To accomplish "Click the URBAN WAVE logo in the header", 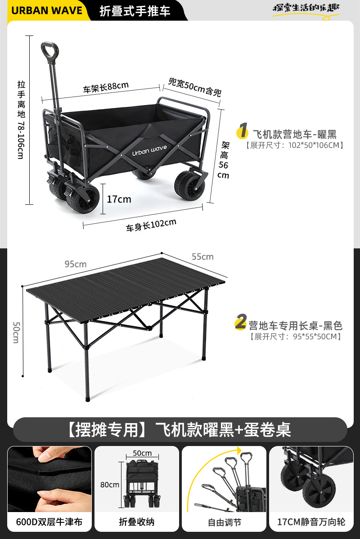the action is pyautogui.click(x=47, y=10).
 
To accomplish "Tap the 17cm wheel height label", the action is pyautogui.click(x=119, y=199).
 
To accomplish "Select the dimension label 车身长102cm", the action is pyautogui.click(x=151, y=225).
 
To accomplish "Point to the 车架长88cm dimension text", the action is pyautogui.click(x=106, y=86).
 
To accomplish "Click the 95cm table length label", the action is pyautogui.click(x=75, y=264).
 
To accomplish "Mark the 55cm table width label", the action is pyautogui.click(x=202, y=256).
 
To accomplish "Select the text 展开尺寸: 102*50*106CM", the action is pyautogui.click(x=295, y=145).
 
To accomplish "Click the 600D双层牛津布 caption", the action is pyautogui.click(x=49, y=522).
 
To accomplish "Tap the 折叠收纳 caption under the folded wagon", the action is pyautogui.click(x=136, y=522).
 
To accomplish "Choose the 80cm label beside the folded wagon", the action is pyautogui.click(x=110, y=485).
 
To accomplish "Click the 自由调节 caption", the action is pyautogui.click(x=224, y=522).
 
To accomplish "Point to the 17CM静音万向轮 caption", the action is pyautogui.click(x=311, y=522).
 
